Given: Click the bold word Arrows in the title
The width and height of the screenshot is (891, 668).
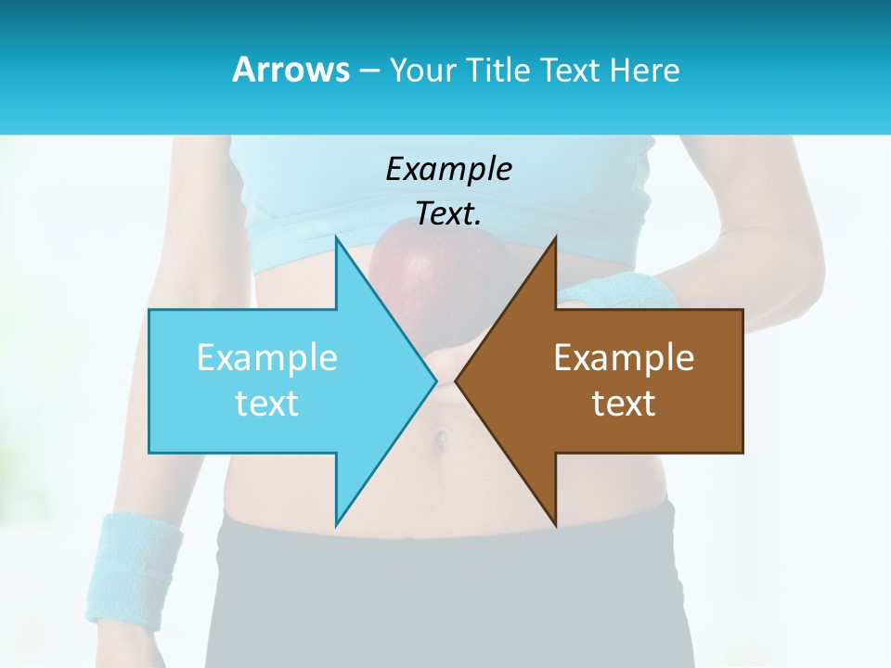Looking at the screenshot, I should coord(291,70).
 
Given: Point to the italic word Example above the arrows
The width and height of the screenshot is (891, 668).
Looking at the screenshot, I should coord(448,169).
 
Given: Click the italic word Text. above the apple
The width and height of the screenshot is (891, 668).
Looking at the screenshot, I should coord(448,213).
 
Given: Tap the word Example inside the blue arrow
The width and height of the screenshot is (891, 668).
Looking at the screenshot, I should coord(267,357).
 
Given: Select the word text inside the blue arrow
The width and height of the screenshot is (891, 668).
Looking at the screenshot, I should coord(267,403).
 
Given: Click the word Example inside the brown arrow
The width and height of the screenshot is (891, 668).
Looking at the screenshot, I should coord(624,357).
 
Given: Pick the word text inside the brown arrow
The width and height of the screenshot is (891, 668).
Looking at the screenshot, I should coord(624,403).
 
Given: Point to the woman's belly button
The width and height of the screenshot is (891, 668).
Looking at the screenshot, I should coord(443,436).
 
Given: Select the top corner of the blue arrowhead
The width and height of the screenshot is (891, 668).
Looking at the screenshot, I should coord(337,240).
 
